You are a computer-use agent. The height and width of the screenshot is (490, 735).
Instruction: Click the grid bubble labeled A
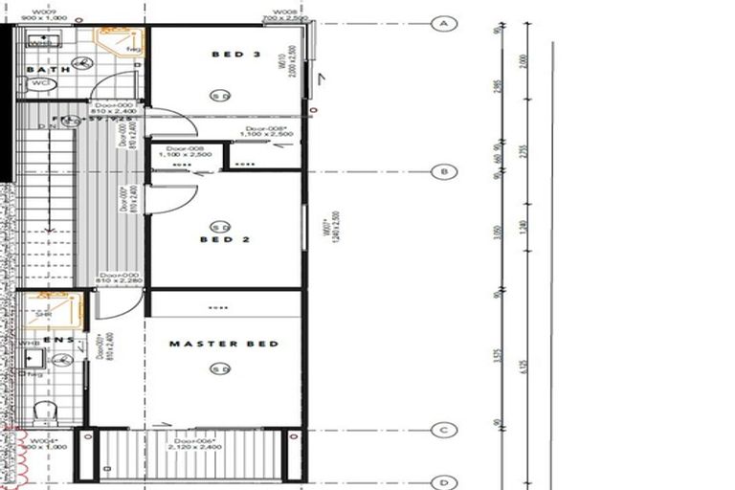(443, 24)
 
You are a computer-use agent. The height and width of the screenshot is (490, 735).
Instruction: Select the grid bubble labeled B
(443, 172)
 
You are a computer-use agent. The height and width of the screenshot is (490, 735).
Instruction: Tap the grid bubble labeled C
(443, 431)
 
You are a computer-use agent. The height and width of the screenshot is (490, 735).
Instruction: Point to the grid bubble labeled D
(443, 482)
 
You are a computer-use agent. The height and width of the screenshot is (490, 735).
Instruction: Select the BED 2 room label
(225, 239)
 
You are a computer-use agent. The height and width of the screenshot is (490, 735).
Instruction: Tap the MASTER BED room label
(224, 344)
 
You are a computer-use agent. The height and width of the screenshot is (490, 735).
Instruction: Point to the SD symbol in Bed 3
(220, 96)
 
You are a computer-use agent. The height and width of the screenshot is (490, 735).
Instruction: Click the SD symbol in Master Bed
(221, 368)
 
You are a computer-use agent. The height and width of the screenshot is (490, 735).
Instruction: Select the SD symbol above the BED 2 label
(221, 227)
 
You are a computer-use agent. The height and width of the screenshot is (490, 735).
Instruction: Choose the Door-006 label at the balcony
(191, 442)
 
